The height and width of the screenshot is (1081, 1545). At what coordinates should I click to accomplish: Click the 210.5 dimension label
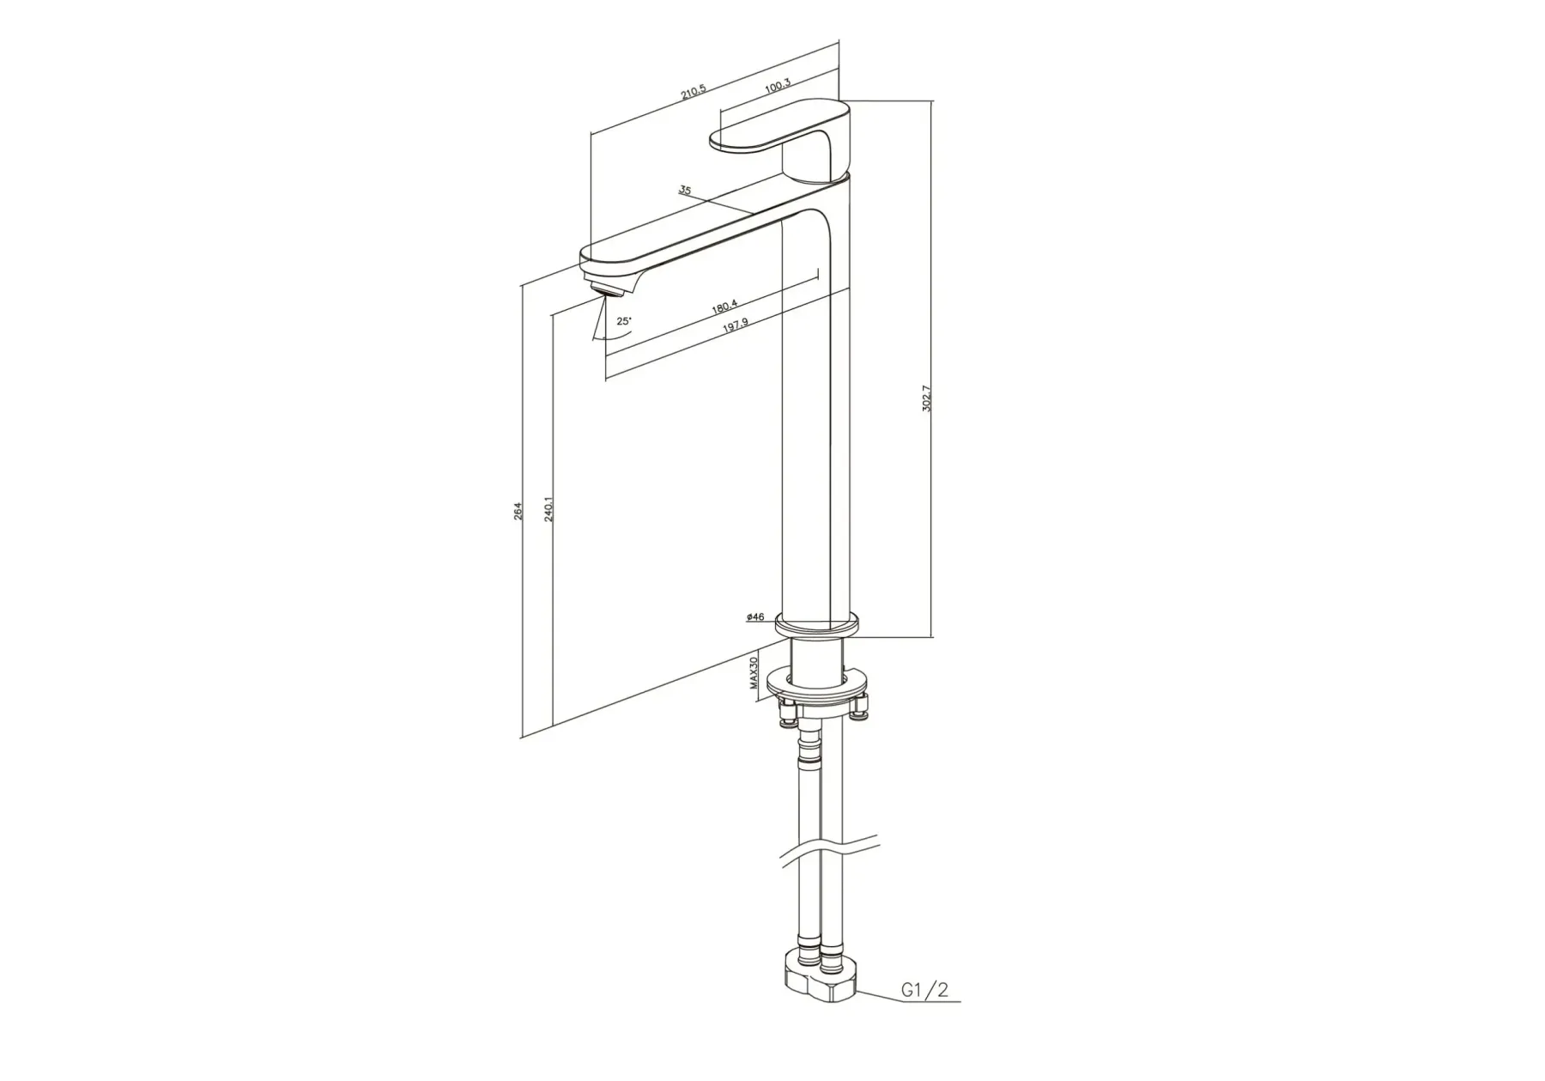(x=694, y=91)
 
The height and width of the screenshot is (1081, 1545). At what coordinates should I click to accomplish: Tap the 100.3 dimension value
(x=777, y=84)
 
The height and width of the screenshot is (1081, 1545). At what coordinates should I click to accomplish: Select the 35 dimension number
(x=684, y=190)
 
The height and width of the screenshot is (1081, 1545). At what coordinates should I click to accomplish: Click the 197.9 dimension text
(x=736, y=324)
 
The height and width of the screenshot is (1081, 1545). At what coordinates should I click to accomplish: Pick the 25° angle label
(x=624, y=321)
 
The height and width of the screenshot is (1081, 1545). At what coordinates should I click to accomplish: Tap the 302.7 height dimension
(x=926, y=398)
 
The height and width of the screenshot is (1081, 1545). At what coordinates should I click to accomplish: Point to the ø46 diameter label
(x=755, y=616)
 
